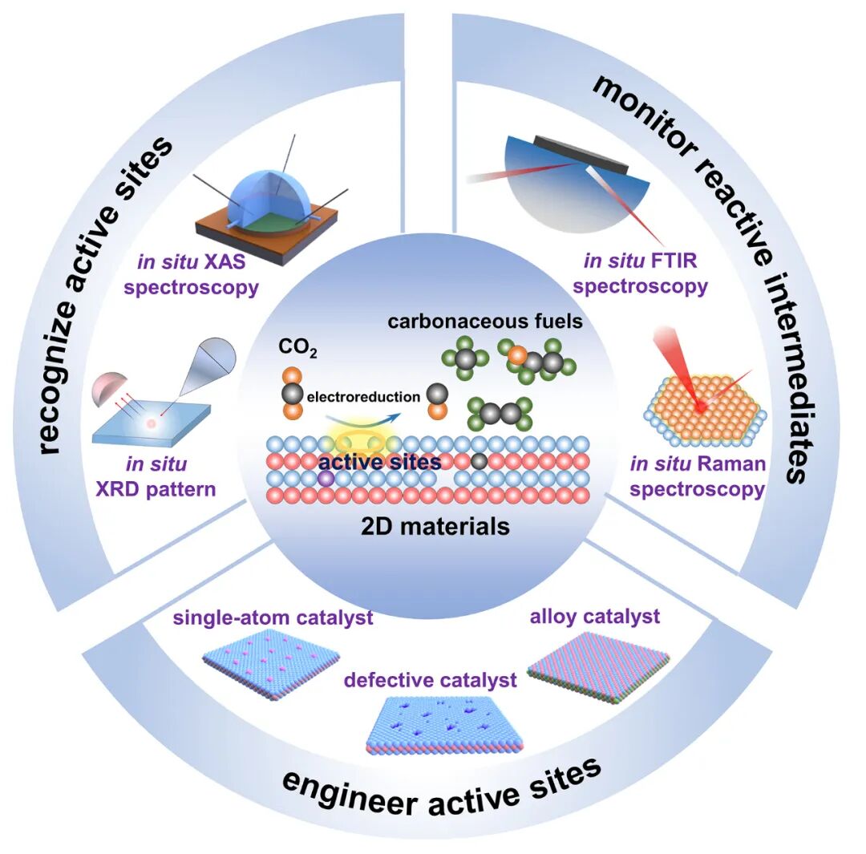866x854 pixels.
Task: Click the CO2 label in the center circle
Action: point(297,347)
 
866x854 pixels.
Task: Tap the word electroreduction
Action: point(363,397)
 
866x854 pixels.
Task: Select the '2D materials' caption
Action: point(435,526)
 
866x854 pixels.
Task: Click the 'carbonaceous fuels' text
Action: point(485,321)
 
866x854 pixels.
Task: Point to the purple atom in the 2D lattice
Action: point(326,479)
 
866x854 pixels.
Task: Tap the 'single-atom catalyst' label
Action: point(273,617)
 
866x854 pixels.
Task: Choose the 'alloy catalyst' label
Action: point(595,617)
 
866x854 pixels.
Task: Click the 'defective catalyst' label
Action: point(431,680)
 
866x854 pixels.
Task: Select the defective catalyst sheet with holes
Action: point(443,725)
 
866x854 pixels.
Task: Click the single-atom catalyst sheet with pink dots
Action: point(271,666)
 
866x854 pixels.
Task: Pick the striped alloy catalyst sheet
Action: point(599,666)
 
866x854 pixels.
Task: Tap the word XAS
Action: point(225,261)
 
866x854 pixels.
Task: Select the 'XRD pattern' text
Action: point(156,489)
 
